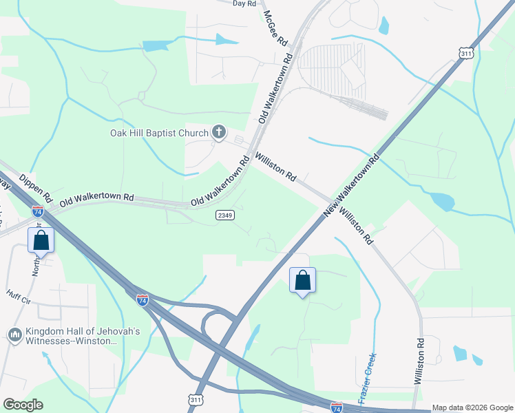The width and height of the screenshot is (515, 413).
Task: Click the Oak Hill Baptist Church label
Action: pos(160,133)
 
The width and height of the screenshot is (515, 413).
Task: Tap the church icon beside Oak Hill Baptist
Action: pos(219,132)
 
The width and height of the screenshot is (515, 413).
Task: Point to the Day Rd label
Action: pos(244,3)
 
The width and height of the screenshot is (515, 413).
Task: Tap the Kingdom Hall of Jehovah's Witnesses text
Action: pos(76,336)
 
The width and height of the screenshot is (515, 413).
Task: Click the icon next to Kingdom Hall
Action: pos(14,335)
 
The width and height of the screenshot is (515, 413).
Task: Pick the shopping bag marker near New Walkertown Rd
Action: pos(302,280)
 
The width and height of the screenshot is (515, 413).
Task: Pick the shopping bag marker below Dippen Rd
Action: pos(41,240)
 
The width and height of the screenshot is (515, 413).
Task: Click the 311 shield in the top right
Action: pos(467,52)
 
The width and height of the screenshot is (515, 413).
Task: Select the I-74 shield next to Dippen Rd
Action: pos(38,212)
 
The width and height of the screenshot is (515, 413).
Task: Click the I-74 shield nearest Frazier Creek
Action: pos(337,407)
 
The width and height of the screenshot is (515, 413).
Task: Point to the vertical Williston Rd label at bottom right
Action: pos(419,361)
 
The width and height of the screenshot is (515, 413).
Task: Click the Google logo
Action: pos(23,404)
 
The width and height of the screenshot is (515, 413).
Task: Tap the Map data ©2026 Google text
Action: pos(472,407)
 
